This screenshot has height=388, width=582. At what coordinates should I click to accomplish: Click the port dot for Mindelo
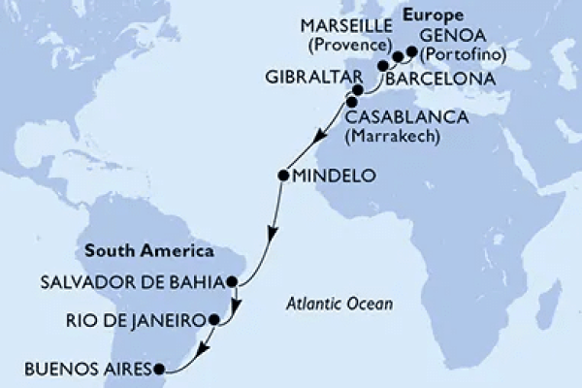[283, 176]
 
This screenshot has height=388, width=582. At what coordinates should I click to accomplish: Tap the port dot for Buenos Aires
[161, 369]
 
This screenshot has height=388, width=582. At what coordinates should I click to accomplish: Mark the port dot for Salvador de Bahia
[232, 283]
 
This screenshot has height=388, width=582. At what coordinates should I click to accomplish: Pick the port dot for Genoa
[412, 51]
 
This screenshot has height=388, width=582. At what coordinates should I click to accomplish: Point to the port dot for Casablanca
[351, 101]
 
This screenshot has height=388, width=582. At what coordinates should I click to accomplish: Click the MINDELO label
[329, 177]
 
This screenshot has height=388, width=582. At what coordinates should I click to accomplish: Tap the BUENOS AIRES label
[81, 370]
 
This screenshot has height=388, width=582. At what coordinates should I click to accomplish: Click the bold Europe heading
[434, 16]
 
